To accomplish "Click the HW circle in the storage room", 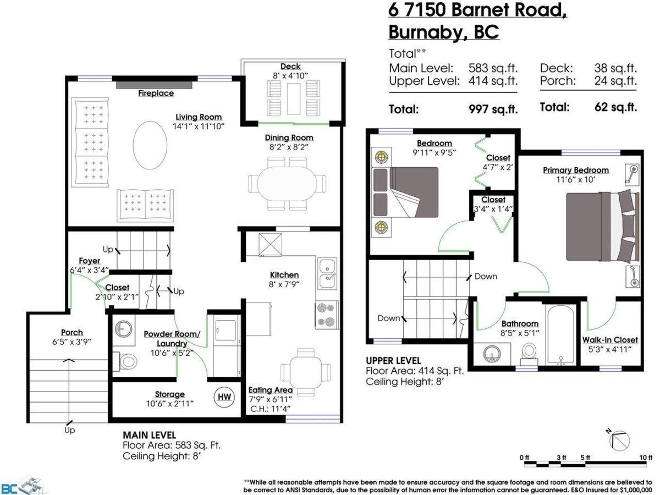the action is pos(224,397).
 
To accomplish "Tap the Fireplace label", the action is pos(156,93).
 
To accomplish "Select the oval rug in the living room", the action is pos(150,145).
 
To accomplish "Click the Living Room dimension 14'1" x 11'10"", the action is pos(199,127).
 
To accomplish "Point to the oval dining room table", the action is pos(287,183).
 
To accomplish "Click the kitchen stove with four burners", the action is pos(326,315).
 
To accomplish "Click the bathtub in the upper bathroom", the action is pos(560,335).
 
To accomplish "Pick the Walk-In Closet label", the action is pos(610,340).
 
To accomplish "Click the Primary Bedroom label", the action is pos(575,170).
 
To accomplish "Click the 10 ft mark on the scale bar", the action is pos(646,458).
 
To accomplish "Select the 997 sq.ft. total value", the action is pos(493,109).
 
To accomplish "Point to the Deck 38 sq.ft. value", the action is pos(615,68).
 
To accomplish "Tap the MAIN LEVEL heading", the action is pos(149,435).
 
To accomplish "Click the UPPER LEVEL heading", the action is pos(393,361).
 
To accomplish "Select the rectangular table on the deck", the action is pos(294,98).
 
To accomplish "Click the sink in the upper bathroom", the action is pos(492,354).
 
